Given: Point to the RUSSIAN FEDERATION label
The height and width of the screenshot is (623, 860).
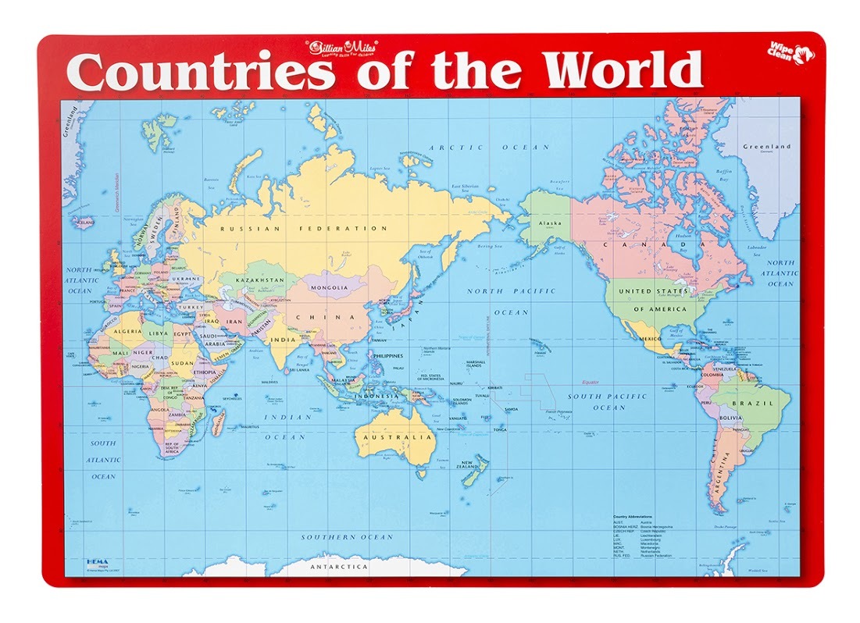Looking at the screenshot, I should [x=303, y=229].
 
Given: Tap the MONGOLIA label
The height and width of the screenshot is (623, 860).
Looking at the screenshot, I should [x=329, y=287].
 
